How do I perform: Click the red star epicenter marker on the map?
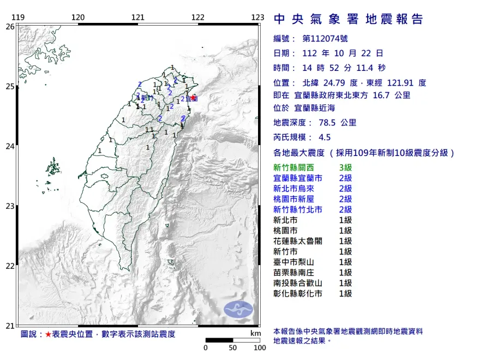tap(194, 98)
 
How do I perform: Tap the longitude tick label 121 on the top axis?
tap(138, 17)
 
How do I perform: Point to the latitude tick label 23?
tap(10, 206)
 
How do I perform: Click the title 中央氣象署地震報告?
tap(349, 20)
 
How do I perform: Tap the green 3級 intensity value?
tap(345, 168)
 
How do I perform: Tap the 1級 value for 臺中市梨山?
tap(345, 262)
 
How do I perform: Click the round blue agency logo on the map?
tap(239, 309)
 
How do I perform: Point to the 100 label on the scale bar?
tap(259, 347)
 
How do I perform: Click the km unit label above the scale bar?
tap(255, 333)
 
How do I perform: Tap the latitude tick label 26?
tap(10, 26)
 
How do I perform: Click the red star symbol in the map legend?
tap(47, 334)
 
